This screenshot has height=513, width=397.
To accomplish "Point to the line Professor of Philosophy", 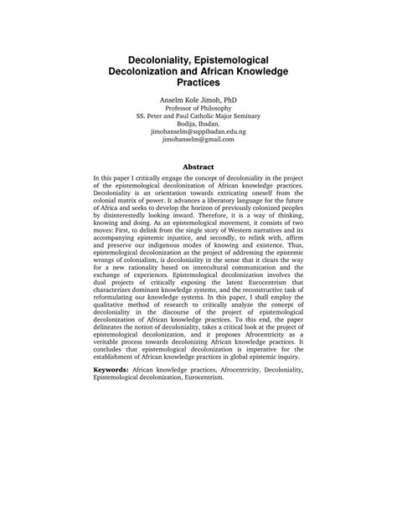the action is click(x=198, y=109).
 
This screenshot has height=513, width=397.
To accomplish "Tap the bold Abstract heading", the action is click(x=198, y=167).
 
